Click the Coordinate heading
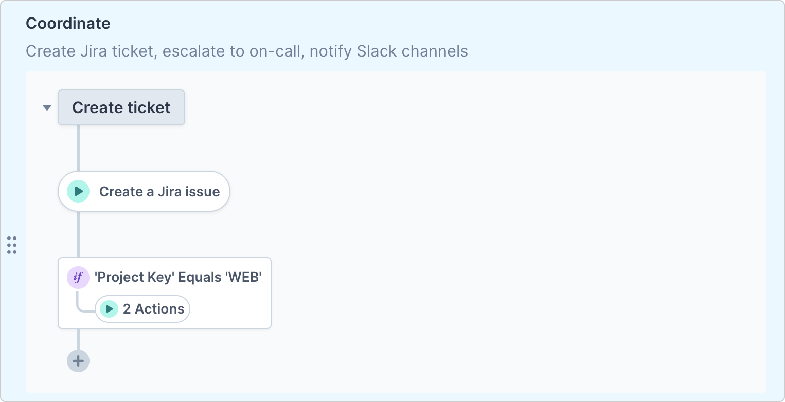(x=68, y=24)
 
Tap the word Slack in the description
(x=374, y=51)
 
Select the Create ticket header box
(x=121, y=107)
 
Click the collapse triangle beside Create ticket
(x=47, y=108)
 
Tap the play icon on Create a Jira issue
(x=78, y=191)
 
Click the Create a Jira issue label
(x=159, y=192)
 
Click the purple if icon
(x=78, y=278)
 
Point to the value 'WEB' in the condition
(x=242, y=278)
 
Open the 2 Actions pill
(x=153, y=309)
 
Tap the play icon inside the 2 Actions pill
(x=109, y=309)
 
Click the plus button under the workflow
(x=78, y=361)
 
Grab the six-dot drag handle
(x=12, y=245)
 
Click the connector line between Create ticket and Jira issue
(x=79, y=148)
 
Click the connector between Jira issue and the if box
(x=79, y=234)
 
